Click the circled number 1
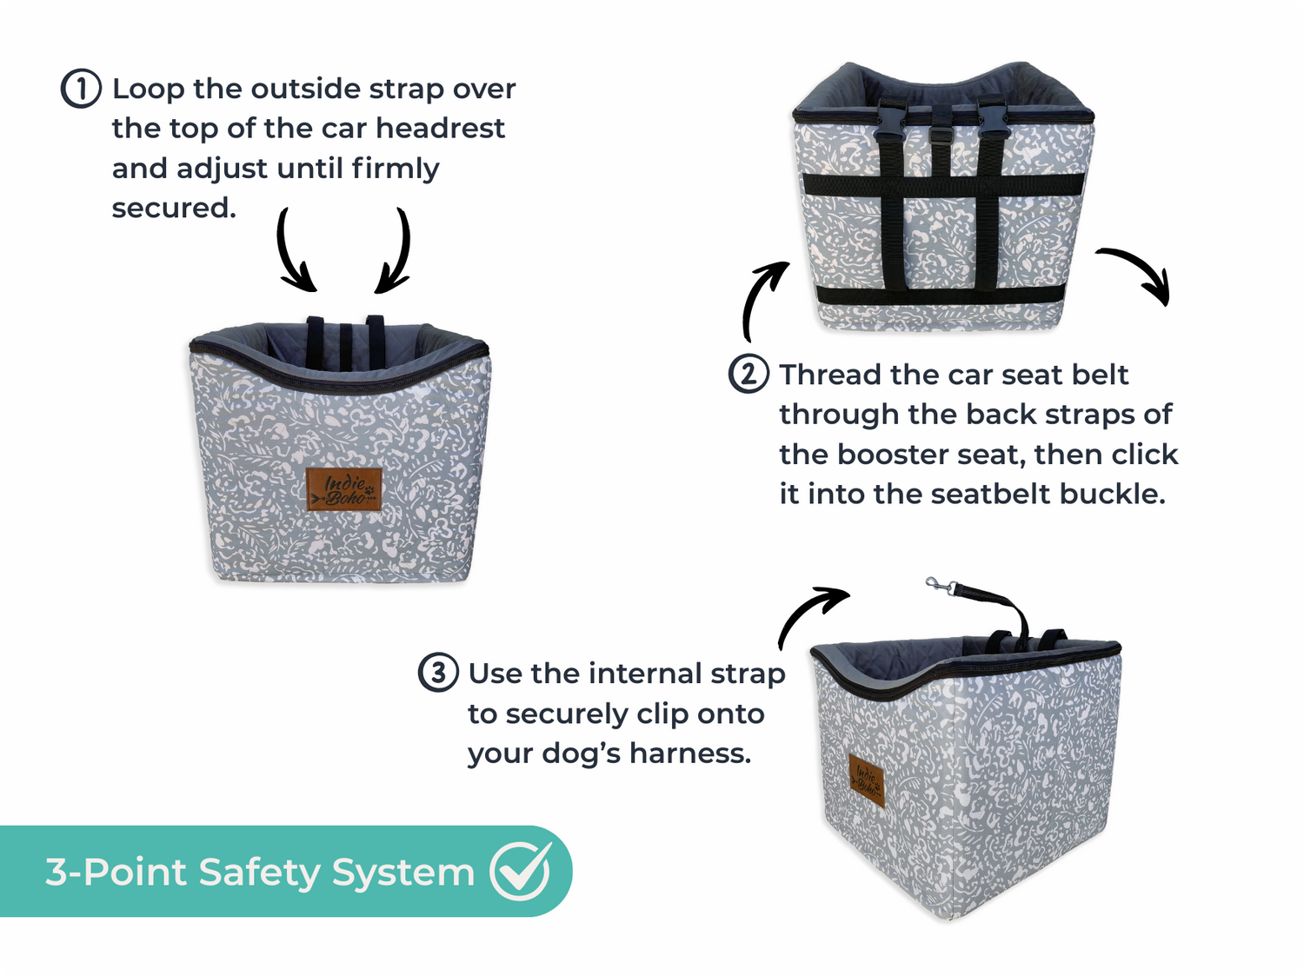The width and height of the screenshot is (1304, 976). coord(81,89)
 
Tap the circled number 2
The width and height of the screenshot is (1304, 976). coord(748,374)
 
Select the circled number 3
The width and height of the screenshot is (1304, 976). coord(438,673)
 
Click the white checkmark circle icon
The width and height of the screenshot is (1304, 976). coord(521,871)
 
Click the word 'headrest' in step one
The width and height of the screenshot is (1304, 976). coord(440,129)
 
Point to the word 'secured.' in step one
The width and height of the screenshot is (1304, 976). coord(174,208)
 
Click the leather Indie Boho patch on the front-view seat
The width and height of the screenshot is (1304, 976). coord(344,489)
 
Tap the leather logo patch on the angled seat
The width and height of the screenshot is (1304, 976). coord(866,780)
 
